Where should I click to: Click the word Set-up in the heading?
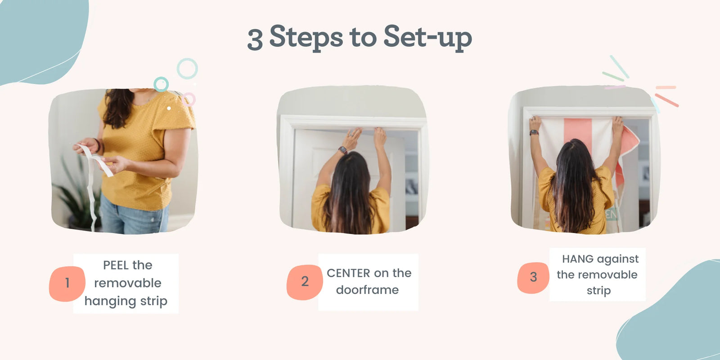(x=427, y=38)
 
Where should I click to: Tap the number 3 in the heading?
(x=255, y=40)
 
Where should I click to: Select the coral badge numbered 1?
(x=67, y=283)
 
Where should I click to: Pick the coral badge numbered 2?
(x=304, y=282)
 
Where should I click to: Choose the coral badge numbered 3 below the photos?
(x=533, y=277)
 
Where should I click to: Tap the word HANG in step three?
(x=578, y=259)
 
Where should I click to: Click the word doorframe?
(x=367, y=290)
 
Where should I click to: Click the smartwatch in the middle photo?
(x=342, y=150)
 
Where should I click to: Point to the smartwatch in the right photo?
(x=534, y=132)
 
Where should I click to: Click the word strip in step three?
(x=598, y=291)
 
